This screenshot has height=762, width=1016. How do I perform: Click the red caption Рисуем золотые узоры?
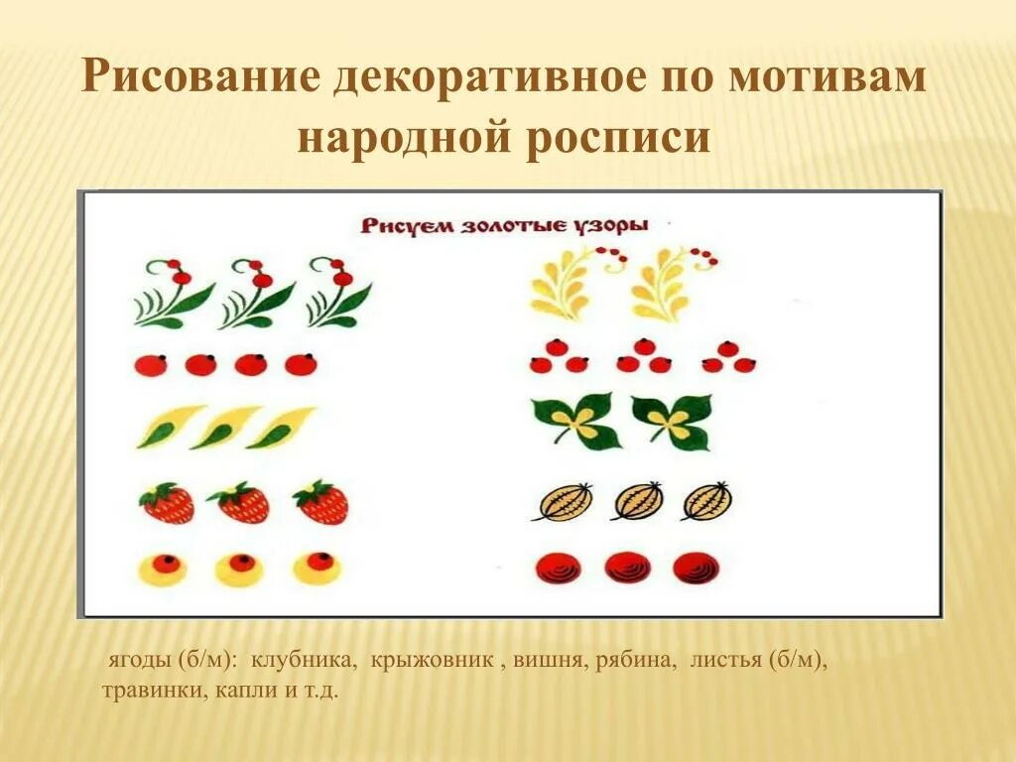point(504,225)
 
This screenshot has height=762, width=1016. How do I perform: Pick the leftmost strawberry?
point(166,504)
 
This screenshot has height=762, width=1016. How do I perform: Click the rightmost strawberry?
point(321,504)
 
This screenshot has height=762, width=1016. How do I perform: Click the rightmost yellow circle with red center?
point(317,568)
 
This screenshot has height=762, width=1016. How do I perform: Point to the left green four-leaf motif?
point(575,421)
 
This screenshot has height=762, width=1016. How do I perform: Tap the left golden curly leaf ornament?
point(565,288)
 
